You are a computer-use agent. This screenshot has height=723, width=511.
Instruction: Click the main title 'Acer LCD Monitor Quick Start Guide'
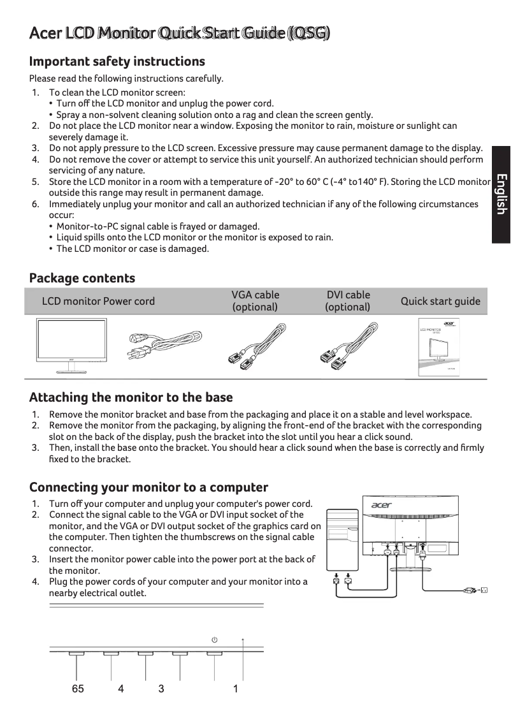coord(180,33)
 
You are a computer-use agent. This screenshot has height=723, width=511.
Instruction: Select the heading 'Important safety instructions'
coord(117,62)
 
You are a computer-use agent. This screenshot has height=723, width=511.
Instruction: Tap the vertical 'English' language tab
coord(501,194)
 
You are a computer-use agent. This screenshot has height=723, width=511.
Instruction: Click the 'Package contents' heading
coord(82,278)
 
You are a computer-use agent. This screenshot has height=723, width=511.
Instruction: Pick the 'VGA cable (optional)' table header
coord(255,301)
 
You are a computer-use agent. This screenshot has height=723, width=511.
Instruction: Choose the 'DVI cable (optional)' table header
coord(348,301)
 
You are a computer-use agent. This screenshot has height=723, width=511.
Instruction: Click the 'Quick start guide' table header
coord(440,301)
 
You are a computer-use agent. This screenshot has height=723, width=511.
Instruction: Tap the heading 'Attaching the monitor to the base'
coord(131,398)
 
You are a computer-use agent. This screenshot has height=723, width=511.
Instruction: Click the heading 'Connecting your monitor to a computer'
coord(148,488)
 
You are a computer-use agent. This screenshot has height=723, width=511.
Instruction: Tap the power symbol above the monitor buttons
coord(215,639)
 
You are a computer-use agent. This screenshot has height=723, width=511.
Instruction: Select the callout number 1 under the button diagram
coord(236,689)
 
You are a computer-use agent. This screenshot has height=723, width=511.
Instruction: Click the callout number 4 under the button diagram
coord(120,689)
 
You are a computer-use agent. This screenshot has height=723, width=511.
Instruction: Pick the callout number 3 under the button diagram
coord(161,689)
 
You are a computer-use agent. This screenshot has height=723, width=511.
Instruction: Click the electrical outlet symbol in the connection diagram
coord(483,590)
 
